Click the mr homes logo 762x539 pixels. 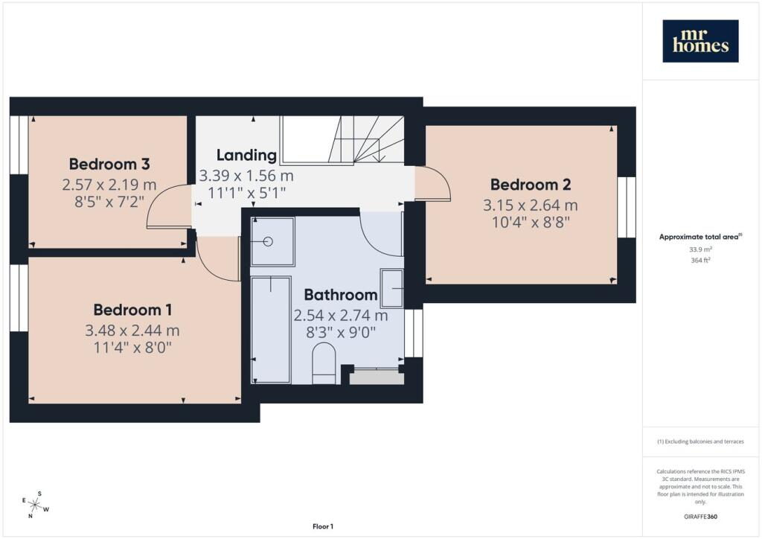[700, 41]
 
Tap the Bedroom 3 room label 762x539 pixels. [109, 165]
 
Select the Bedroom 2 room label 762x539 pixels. [531, 185]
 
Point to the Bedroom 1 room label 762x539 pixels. [132, 310]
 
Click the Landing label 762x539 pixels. [246, 155]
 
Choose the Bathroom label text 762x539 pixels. [341, 295]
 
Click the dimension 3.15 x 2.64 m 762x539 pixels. [530, 205]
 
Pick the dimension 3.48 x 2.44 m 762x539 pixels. [132, 331]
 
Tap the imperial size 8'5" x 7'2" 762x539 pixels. [109, 202]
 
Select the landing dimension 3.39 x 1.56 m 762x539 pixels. [246, 176]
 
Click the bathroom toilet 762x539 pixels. [324, 363]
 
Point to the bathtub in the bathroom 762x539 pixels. [271, 330]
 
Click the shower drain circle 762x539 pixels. [268, 241]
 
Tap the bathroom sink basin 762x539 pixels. [391, 288]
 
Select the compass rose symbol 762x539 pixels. [35, 505]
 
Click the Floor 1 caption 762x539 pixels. [323, 526]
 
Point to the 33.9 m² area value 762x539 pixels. [700, 249]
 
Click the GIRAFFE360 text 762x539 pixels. [700, 516]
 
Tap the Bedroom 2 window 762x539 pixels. [627, 207]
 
